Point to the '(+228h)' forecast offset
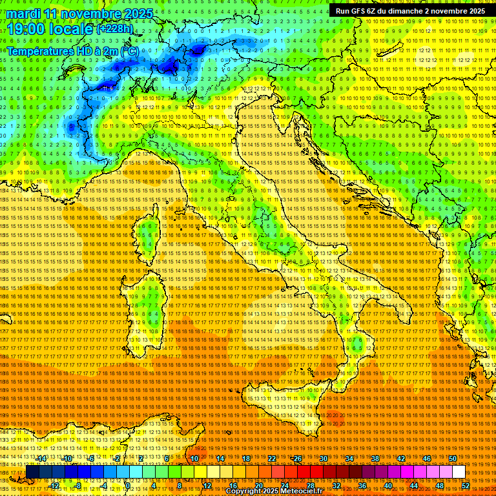point(115,29)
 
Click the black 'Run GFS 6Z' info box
point(410,11)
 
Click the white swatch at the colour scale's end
point(459,472)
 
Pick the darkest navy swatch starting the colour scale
point(32,472)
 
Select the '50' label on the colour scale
point(453,459)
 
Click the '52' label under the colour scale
point(465,486)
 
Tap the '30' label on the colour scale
point(324,459)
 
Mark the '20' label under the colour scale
point(258,486)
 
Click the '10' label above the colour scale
point(194,459)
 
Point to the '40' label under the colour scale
point(387,486)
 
